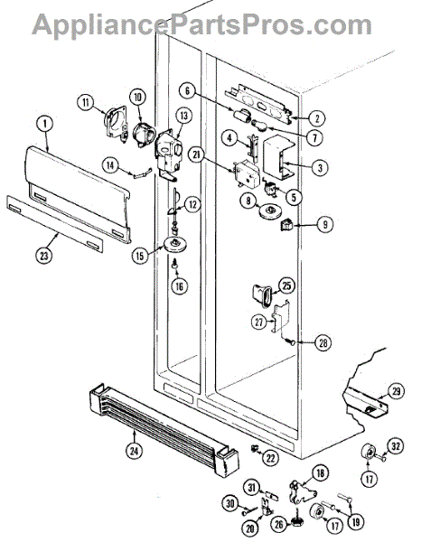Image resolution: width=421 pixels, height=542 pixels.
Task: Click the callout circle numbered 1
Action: point(46,125)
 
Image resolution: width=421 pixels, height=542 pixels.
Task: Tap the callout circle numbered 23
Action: point(44,257)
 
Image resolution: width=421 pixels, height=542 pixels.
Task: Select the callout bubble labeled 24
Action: point(134,451)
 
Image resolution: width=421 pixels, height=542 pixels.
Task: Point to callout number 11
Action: point(86,102)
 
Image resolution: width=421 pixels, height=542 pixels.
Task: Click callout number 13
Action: point(184,116)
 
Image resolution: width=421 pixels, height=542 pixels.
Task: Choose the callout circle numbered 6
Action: point(188,91)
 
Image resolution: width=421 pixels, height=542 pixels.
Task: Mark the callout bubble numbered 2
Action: point(316,119)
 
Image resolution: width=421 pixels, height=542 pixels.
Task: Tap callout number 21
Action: point(197,155)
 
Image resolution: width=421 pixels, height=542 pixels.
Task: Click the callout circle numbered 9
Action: point(324,225)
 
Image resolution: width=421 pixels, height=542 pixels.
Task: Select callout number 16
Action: point(180,285)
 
